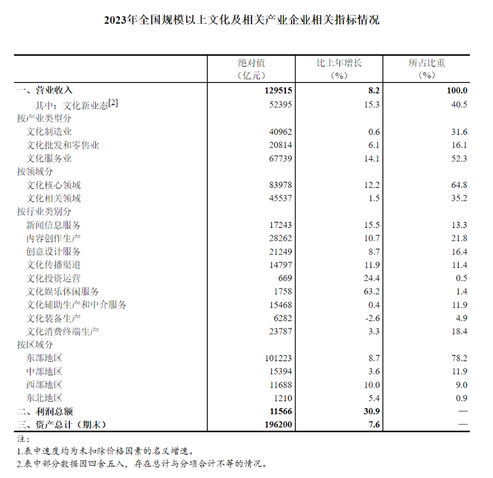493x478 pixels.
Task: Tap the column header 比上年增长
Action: pyautogui.click(x=338, y=63)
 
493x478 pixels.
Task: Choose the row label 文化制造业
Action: pyautogui.click(x=49, y=131)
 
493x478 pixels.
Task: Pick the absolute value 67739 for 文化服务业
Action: pyautogui.click(x=280, y=159)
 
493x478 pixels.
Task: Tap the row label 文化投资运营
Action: pyautogui.click(x=54, y=278)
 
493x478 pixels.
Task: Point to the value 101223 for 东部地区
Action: pyautogui.click(x=279, y=358)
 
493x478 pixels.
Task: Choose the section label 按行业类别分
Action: pyautogui.click(x=45, y=212)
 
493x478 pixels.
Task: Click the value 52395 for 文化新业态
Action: pyautogui.click(x=280, y=105)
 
